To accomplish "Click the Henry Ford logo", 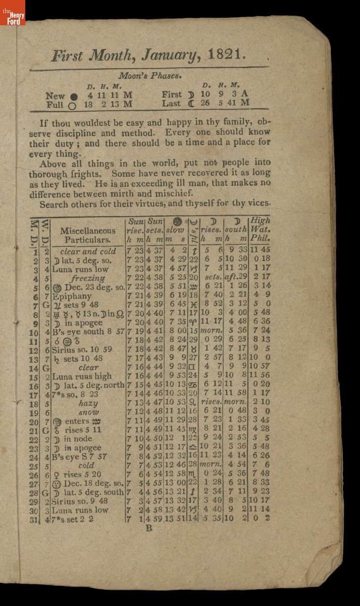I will coord(12,13).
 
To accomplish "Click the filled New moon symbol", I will coord(74,96).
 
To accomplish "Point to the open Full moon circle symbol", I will coord(72,105).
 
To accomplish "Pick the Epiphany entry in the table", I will coord(72,296).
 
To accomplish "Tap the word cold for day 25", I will coord(86,466).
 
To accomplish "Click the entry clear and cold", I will coord(88,251).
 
